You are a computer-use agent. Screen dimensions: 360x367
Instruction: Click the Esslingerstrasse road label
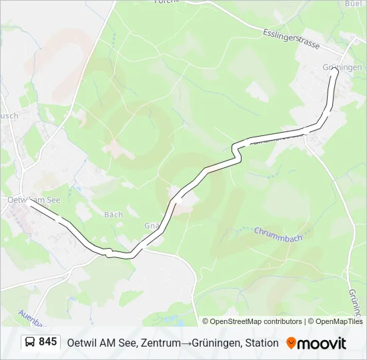tap(292, 39)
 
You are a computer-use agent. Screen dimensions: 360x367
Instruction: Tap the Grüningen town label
tap(342, 67)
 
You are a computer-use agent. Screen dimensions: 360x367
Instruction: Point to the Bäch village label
tap(113, 215)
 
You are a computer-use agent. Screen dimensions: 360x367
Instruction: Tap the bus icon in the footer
tap(30, 342)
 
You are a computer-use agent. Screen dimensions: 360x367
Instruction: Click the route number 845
tap(47, 342)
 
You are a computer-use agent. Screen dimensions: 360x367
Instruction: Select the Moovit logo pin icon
tap(291, 343)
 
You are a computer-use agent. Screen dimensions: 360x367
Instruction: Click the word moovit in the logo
tap(322, 343)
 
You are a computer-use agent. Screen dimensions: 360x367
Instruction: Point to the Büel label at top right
tap(353, 3)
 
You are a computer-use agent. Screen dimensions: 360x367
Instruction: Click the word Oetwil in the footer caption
tap(81, 343)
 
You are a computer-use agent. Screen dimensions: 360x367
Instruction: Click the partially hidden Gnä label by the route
tap(151, 225)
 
